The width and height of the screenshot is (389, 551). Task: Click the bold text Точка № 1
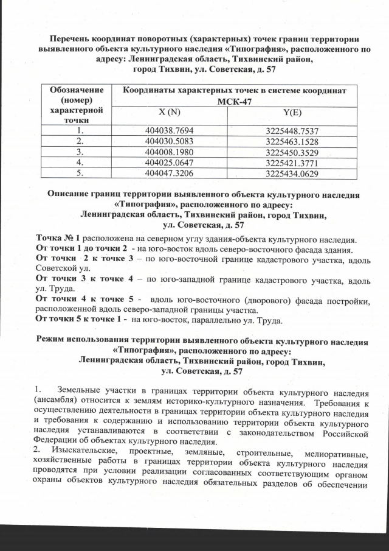pyautogui.click(x=58, y=237)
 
